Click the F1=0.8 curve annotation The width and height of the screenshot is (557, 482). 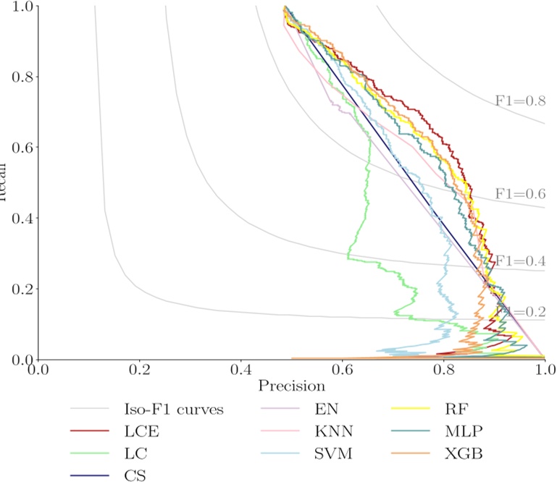click(520, 101)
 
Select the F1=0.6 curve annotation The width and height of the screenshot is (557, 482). click(520, 193)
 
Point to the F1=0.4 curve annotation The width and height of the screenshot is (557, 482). click(520, 261)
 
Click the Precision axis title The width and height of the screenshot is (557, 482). click(290, 386)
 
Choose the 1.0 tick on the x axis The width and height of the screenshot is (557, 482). click(543, 370)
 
